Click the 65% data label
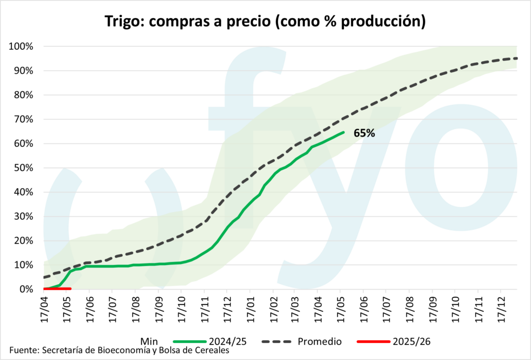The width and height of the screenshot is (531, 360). pos(364,133)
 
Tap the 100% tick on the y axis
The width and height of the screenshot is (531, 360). pos(22,47)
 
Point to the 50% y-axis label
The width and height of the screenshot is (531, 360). pos(24,168)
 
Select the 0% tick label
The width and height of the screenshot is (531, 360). pos(26,289)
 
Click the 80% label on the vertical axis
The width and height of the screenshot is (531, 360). pos(24,95)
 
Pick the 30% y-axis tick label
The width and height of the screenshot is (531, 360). pos(24,217)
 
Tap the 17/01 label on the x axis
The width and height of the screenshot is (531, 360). pos(249,310)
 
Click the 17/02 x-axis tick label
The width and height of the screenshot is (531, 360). pos(272,310)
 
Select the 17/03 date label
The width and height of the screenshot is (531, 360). pos(295,310)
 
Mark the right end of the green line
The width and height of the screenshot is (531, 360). pos(343,132)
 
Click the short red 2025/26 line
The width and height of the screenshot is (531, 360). pos(57,288)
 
